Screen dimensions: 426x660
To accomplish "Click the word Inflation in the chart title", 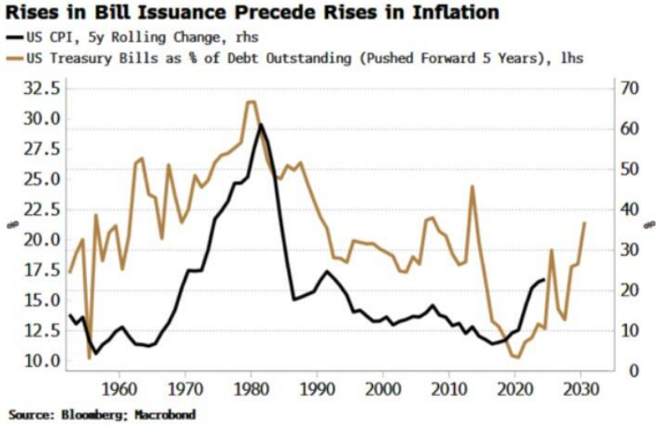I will (x=453, y=12).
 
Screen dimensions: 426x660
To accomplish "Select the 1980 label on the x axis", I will (x=252, y=388).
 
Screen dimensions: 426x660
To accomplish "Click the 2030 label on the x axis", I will (x=581, y=388).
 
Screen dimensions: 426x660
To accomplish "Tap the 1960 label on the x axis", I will (x=120, y=388).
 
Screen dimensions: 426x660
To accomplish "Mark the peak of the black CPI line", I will (x=262, y=125).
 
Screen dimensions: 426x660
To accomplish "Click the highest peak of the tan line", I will (x=251, y=101).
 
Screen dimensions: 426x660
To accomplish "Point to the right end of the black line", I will (x=545, y=280).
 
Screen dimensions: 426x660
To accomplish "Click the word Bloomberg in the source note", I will (x=88, y=414).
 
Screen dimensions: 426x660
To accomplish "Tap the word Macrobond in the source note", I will (x=164, y=414).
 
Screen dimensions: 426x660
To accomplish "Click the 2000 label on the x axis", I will (x=384, y=388).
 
